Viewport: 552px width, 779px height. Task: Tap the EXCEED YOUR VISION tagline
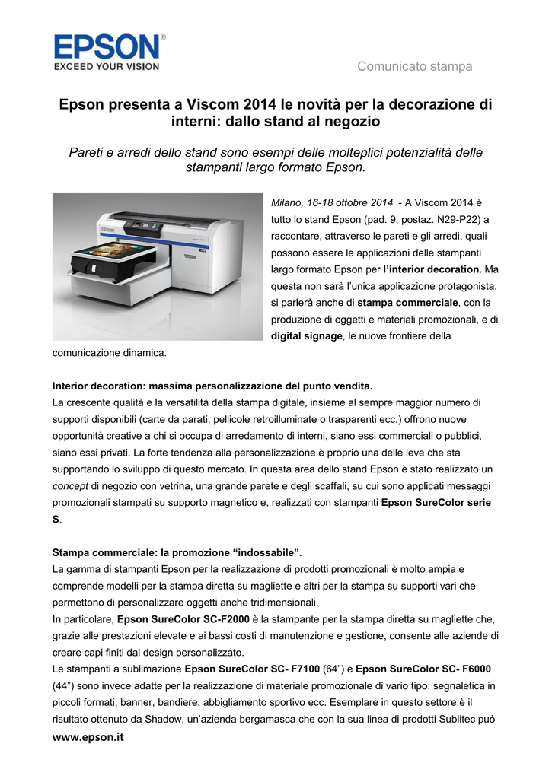(106, 67)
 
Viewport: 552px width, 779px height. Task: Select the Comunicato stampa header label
(415, 67)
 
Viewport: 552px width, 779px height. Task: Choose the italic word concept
(69, 485)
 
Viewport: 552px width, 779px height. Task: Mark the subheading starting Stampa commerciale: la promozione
(182, 552)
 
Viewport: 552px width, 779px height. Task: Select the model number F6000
(474, 669)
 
